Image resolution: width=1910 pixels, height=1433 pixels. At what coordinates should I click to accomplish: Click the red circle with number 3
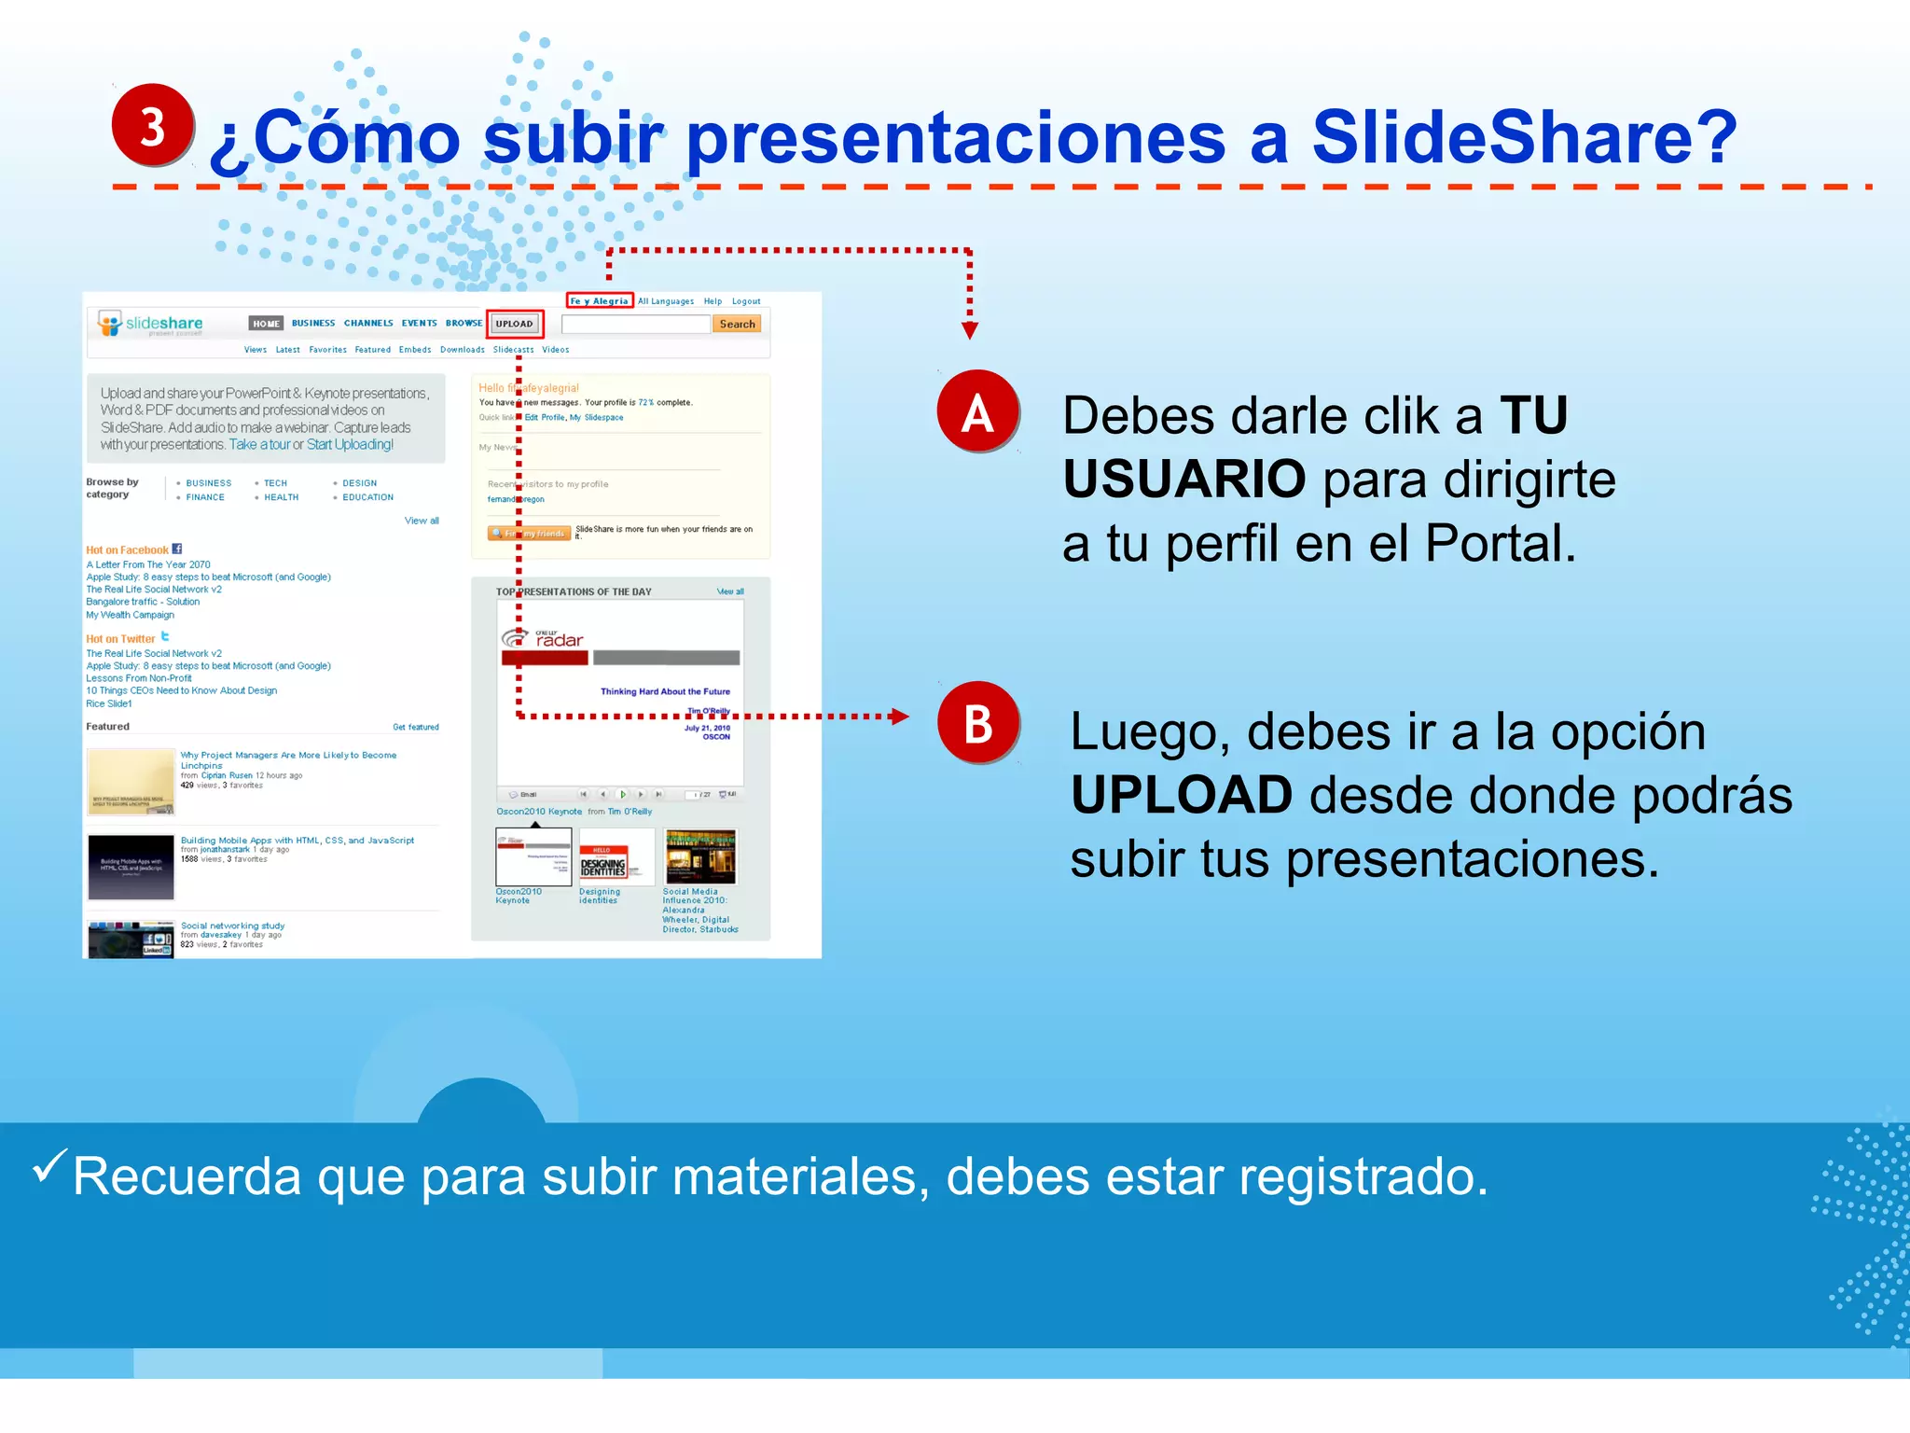point(153,125)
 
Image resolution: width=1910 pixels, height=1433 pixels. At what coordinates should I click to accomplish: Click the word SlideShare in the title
point(1524,137)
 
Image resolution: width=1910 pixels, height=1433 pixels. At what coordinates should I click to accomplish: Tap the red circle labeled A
point(977,412)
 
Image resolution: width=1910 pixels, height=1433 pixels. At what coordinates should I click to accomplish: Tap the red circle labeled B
point(977,723)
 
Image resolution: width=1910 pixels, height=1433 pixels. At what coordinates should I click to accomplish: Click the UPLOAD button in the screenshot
point(515,324)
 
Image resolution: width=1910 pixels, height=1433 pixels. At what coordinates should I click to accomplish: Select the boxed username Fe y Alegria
point(600,300)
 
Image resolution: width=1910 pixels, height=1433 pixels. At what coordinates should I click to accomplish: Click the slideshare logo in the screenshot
point(151,324)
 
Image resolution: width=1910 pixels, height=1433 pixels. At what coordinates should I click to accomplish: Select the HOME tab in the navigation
point(266,324)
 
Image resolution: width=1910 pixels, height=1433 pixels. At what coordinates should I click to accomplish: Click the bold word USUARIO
point(1184,480)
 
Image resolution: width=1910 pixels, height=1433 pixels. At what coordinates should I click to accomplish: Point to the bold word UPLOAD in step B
point(1182,795)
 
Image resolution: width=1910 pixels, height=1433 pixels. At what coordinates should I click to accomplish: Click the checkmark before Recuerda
point(48,1165)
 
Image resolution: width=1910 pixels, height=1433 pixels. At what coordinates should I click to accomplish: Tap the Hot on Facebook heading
point(128,550)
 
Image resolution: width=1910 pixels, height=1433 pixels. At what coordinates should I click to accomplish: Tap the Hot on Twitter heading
point(121,639)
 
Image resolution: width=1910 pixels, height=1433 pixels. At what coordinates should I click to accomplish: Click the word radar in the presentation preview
point(560,640)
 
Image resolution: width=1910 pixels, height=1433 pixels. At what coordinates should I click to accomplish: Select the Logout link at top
point(746,301)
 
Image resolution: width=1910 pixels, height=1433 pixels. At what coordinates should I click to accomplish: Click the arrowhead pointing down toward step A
point(970,330)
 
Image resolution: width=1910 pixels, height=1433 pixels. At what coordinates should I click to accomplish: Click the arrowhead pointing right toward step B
point(899,716)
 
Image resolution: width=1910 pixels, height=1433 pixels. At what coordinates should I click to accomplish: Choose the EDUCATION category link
point(367,497)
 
